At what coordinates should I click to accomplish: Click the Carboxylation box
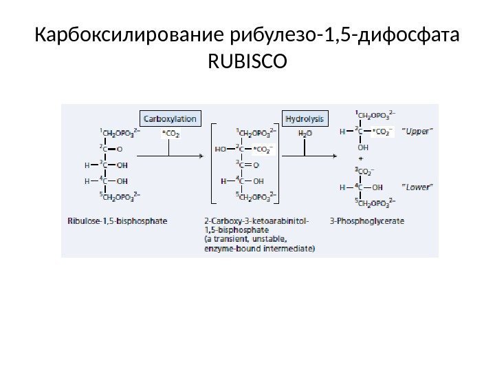[169, 118]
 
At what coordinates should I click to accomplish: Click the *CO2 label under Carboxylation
[170, 134]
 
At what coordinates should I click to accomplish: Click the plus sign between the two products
[358, 158]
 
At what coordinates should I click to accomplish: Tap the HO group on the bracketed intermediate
[221, 147]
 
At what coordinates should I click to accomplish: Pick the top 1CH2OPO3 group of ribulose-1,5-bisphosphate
[120, 130]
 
